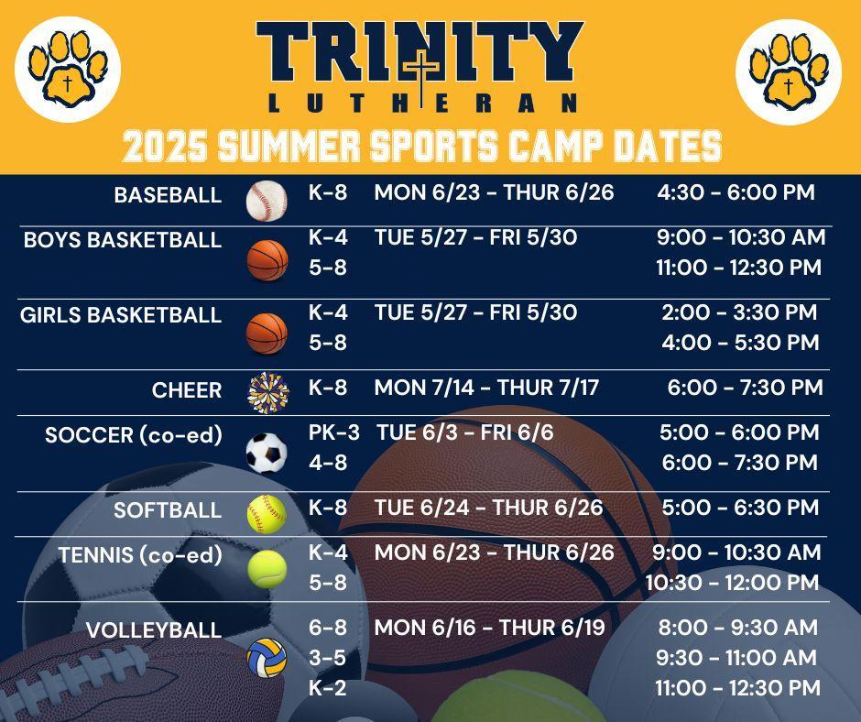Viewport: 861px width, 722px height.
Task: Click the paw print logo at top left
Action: click(68, 69)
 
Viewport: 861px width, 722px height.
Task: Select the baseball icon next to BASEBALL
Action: click(267, 201)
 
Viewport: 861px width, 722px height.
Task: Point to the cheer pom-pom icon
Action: click(268, 393)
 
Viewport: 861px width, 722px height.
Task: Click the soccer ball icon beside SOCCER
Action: click(267, 453)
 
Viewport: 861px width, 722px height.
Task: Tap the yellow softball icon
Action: click(267, 514)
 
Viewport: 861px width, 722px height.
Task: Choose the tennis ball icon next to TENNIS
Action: click(267, 569)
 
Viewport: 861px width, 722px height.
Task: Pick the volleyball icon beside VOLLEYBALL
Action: click(267, 658)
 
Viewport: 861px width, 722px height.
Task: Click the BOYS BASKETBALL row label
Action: click(123, 240)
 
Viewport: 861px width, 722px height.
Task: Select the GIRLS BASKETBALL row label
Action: click(121, 315)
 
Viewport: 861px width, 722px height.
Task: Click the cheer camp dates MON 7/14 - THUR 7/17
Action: click(486, 388)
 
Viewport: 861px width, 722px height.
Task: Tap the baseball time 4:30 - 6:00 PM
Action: click(736, 192)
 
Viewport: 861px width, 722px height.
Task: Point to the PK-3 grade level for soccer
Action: click(333, 433)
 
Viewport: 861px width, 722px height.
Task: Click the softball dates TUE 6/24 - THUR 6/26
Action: click(489, 508)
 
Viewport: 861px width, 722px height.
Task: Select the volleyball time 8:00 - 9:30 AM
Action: click(738, 628)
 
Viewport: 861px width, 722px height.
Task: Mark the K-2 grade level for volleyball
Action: click(328, 688)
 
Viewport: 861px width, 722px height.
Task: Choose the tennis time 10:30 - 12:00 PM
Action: click(732, 583)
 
